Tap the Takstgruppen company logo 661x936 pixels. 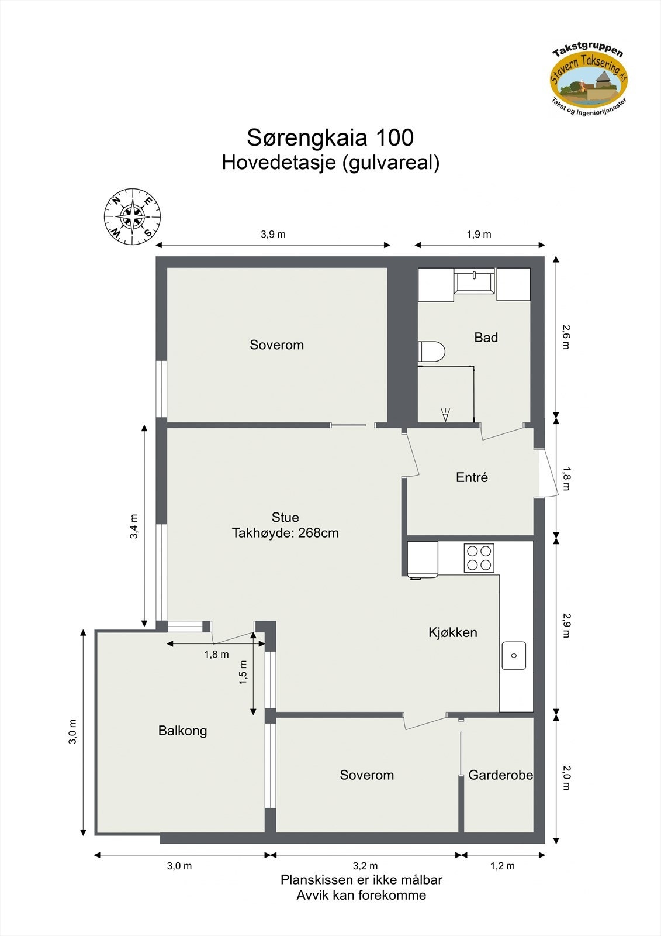click(589, 80)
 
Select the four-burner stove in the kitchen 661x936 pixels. click(479, 558)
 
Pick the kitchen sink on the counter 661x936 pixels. click(514, 655)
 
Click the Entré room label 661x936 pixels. click(472, 477)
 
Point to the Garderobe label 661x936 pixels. click(500, 775)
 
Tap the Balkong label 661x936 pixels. click(182, 731)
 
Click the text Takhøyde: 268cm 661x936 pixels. click(285, 533)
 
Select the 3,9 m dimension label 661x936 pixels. click(273, 235)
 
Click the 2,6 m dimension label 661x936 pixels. click(565, 337)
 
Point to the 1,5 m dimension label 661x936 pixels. click(243, 672)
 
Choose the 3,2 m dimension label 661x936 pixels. click(365, 866)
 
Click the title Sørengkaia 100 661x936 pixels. click(330, 138)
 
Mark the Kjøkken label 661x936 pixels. click(452, 632)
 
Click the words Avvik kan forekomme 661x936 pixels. click(361, 895)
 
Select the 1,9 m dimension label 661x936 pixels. click(479, 235)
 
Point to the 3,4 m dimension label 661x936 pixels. click(134, 525)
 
